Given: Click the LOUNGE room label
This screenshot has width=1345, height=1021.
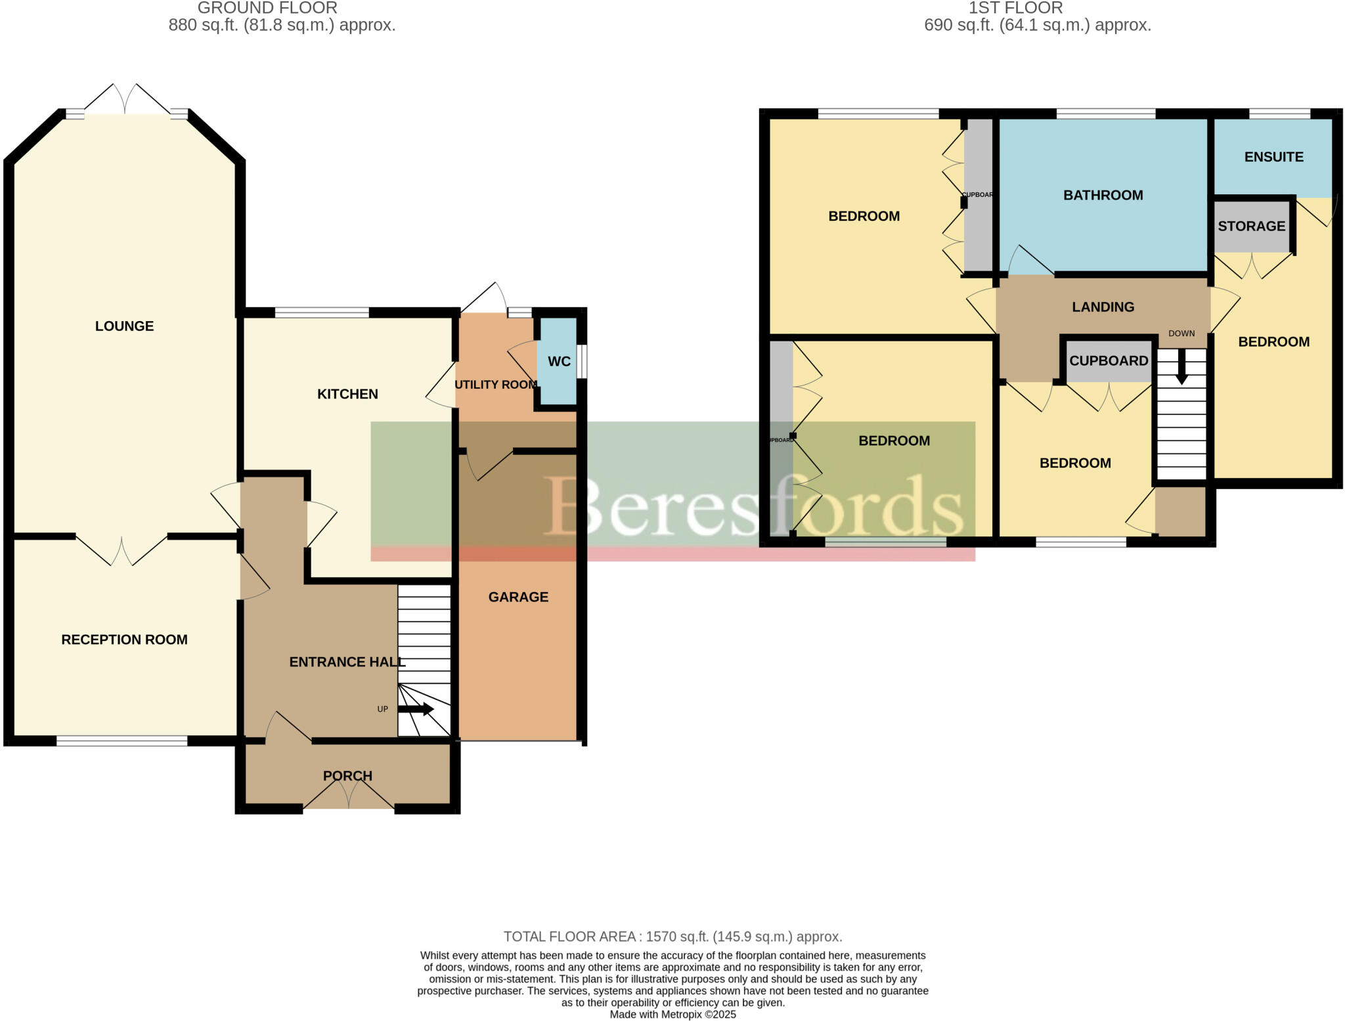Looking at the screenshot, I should pyautogui.click(x=124, y=326).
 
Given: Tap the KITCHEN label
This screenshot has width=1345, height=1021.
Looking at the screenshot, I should pyautogui.click(x=347, y=394).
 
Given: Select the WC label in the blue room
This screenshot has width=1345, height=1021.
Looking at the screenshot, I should pyautogui.click(x=559, y=362).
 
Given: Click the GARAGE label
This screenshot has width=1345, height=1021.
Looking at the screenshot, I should pyautogui.click(x=518, y=597).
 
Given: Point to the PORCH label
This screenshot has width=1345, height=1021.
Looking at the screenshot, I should pyautogui.click(x=347, y=775).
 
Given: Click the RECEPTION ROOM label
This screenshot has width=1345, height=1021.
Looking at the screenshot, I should pyautogui.click(x=124, y=640).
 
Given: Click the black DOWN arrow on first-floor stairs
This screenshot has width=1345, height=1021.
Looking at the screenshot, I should pyautogui.click(x=1181, y=368).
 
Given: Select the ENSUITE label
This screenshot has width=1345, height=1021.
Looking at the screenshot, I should pyautogui.click(x=1273, y=157).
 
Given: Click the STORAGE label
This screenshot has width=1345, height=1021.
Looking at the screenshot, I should pyautogui.click(x=1251, y=226).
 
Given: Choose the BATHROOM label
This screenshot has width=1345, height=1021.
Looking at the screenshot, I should pyautogui.click(x=1103, y=195).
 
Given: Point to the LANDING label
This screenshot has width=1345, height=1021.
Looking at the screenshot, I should pyautogui.click(x=1103, y=307).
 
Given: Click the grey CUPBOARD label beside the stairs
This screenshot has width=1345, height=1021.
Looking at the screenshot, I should pyautogui.click(x=1108, y=360).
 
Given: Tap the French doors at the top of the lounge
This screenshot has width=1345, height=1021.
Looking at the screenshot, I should pyautogui.click(x=125, y=100).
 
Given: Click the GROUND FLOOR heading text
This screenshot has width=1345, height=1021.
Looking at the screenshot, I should pyautogui.click(x=267, y=8).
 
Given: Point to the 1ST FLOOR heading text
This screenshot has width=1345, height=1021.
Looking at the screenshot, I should pyautogui.click(x=1015, y=8).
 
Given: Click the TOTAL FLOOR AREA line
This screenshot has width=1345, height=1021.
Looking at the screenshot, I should pyautogui.click(x=672, y=936).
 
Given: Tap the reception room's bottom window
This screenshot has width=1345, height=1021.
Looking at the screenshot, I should pyautogui.click(x=121, y=741).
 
